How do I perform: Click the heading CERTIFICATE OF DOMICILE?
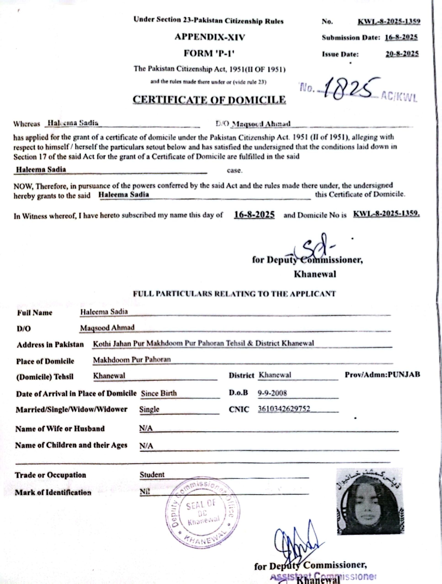(209, 100)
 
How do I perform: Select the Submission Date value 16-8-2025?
(401, 37)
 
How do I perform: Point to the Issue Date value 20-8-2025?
(402, 54)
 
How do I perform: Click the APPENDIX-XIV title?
(210, 37)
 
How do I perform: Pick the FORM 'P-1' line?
(209, 53)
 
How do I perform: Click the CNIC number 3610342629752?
(284, 409)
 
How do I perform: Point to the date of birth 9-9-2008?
(272, 393)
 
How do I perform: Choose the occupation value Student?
(152, 474)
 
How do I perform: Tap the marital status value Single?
(149, 409)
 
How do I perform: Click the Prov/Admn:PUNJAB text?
(382, 374)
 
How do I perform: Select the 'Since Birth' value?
(159, 393)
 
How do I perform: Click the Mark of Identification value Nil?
(145, 492)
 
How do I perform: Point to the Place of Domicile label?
(45, 361)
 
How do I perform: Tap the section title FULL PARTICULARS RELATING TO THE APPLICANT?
(234, 294)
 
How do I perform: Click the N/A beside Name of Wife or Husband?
(146, 428)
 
